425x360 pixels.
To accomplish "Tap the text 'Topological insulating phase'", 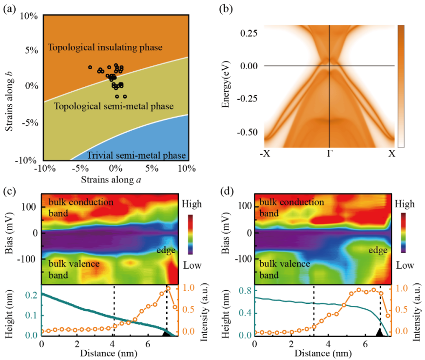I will point(105,47).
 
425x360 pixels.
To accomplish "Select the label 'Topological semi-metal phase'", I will point(113,106).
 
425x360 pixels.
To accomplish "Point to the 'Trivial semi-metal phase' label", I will point(136,156).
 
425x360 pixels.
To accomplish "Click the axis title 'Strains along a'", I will point(115,180).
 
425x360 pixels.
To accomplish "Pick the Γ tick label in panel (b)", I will point(330,154).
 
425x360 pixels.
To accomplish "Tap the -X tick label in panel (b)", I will point(266,154).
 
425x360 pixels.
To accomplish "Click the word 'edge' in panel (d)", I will point(378,250).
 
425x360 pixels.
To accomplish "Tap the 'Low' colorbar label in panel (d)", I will point(406,266).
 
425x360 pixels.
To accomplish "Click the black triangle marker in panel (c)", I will point(166,333).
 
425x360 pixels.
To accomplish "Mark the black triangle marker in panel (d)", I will point(380,333).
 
